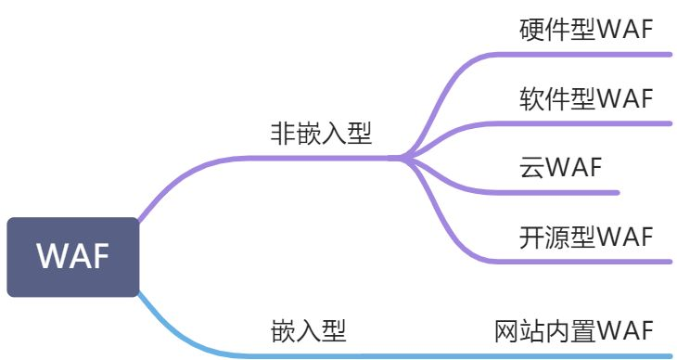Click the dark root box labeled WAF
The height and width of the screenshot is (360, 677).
coord(73,257)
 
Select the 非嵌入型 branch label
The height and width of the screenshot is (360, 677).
coord(321,134)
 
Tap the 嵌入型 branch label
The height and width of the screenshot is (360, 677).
coord(309,331)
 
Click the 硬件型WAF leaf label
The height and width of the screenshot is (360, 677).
coord(586,29)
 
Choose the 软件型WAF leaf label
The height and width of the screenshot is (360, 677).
coord(586,97)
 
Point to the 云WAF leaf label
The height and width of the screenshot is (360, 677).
coord(561,167)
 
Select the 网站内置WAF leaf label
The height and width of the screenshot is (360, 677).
coord(574,330)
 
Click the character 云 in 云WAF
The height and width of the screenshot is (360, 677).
coord(530,167)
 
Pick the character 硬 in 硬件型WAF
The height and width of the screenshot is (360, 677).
coord(531,29)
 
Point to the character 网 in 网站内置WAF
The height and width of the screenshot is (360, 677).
coord(506,330)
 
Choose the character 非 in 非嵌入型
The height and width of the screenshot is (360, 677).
coord(282,134)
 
